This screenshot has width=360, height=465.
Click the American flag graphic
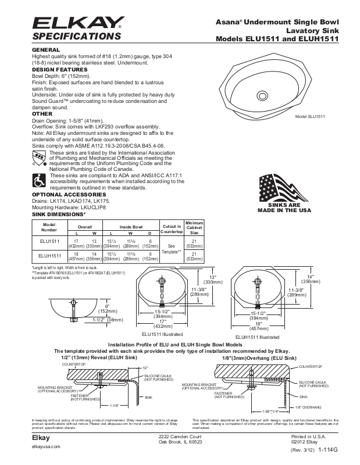click(285, 187)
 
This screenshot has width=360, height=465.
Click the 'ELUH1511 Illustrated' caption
click(258, 337)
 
